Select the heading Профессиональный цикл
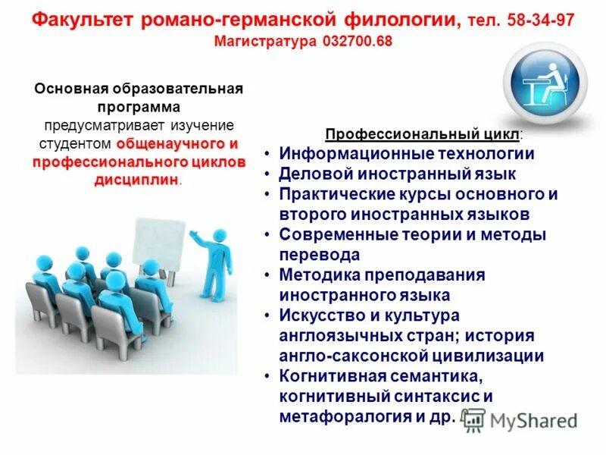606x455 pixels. coord(422,135)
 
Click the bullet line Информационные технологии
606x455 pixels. coord(407,154)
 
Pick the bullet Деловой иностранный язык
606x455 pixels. coord(387,174)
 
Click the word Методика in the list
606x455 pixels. coord(317,275)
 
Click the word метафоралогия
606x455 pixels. coord(340,416)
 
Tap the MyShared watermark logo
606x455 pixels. coord(520,419)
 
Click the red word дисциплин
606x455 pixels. coord(136,180)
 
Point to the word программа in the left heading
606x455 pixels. coord(138,106)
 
